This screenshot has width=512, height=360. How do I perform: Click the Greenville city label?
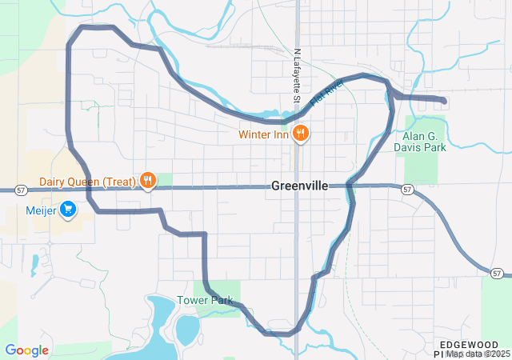click(x=300, y=186)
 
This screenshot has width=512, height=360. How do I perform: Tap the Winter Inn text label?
click(x=263, y=134)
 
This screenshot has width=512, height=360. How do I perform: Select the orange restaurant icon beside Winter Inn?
click(x=301, y=134)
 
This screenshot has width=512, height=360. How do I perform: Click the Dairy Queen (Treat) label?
click(x=88, y=182)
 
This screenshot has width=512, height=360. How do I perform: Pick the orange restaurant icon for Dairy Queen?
click(x=147, y=182)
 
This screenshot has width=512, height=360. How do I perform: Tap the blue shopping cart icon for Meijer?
click(x=69, y=210)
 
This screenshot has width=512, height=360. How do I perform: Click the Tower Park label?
click(x=212, y=301)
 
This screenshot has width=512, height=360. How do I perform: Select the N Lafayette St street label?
click(x=295, y=76)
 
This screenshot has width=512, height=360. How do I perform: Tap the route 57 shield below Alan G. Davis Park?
click(x=407, y=190)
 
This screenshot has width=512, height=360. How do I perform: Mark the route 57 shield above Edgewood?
click(x=498, y=274)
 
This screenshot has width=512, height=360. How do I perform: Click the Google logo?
click(x=26, y=350)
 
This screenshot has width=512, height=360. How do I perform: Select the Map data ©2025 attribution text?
click(x=478, y=354)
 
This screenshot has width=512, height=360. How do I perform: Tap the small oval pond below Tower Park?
click(x=187, y=328)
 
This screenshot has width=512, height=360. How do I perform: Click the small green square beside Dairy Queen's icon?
click(x=164, y=180)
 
